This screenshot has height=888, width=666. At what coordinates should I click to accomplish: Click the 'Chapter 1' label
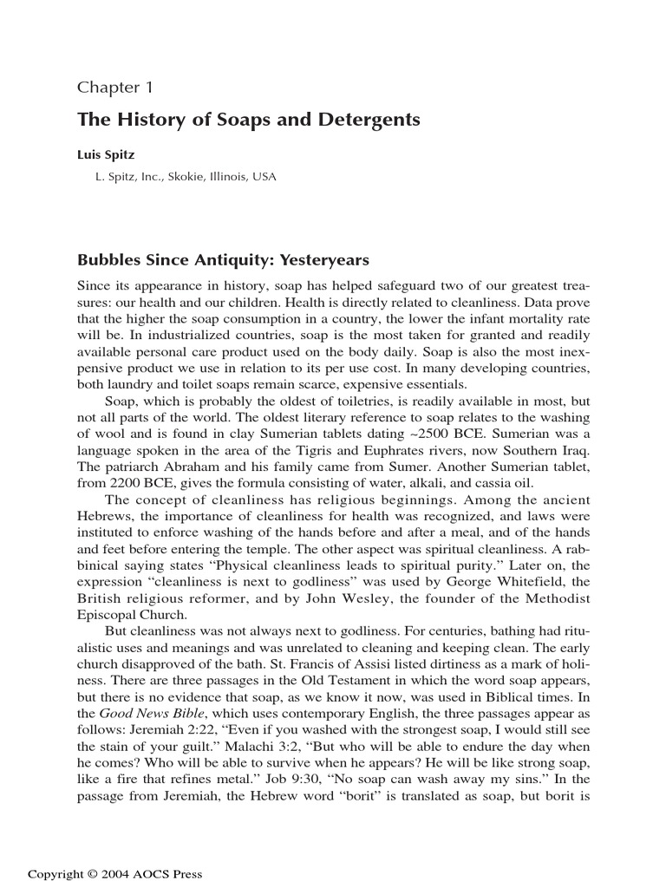tap(115, 87)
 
